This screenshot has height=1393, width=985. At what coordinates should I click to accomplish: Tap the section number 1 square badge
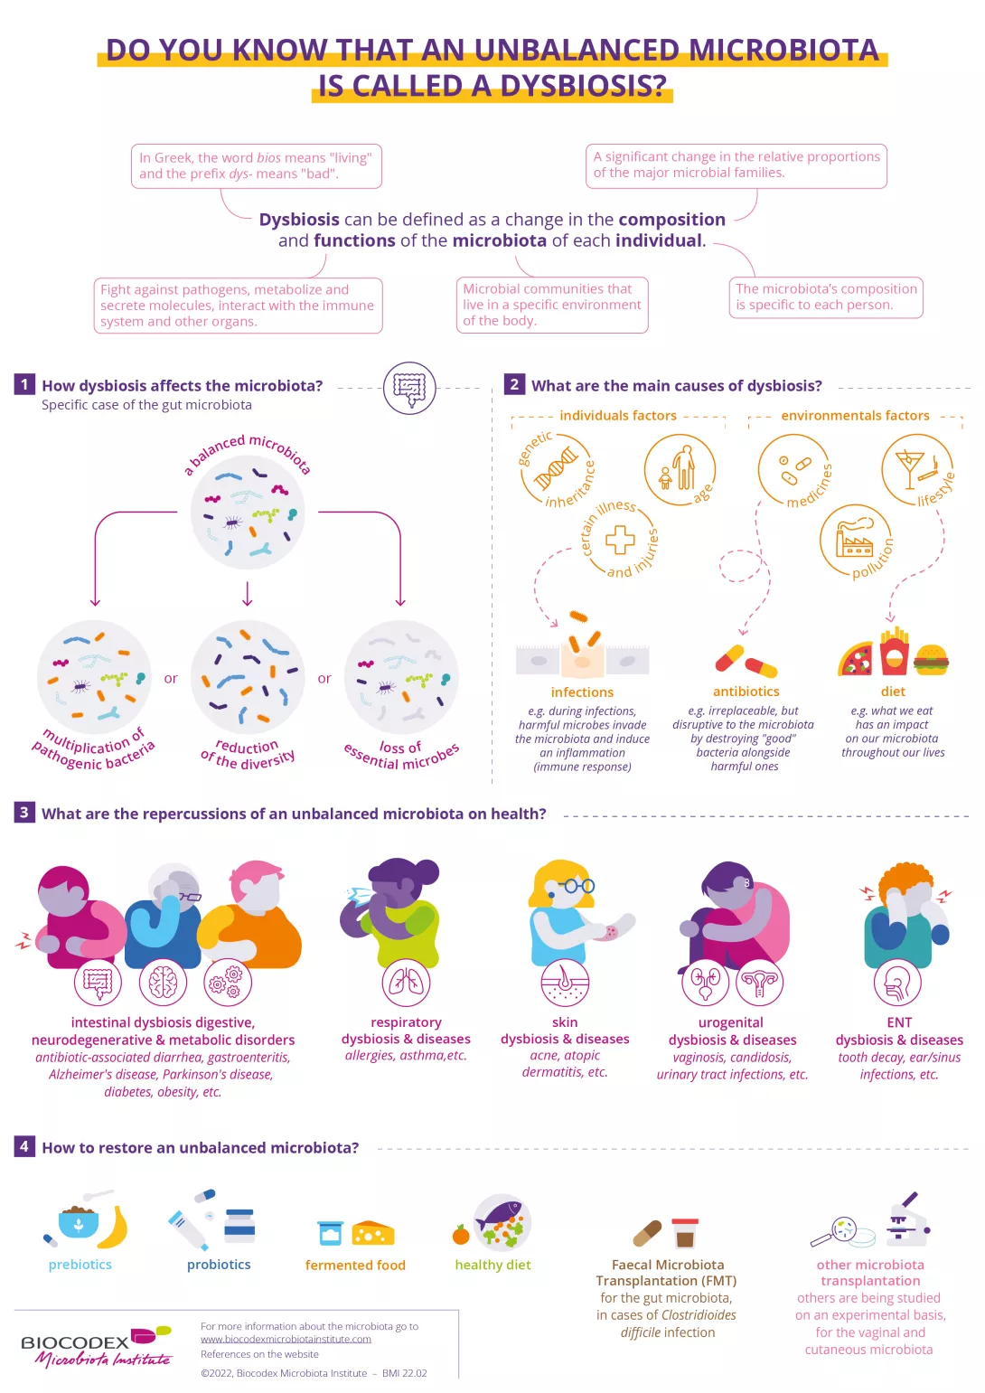pyautogui.click(x=24, y=384)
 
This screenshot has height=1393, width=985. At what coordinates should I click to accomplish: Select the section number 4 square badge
pyautogui.click(x=24, y=1146)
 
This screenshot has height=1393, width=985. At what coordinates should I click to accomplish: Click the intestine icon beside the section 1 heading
pyautogui.click(x=410, y=388)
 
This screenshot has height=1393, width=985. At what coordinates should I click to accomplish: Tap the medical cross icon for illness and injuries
pyautogui.click(x=620, y=540)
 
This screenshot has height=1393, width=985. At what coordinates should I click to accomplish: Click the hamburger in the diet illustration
pyautogui.click(x=932, y=660)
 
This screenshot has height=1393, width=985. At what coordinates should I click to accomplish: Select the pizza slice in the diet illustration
pyautogui.click(x=856, y=659)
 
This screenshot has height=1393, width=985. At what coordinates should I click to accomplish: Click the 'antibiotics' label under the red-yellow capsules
pyautogui.click(x=746, y=692)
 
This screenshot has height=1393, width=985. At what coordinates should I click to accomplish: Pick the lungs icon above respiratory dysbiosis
pyautogui.click(x=406, y=984)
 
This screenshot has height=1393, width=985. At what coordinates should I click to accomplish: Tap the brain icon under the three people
pyautogui.click(x=164, y=984)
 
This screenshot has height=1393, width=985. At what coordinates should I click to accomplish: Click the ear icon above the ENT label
pyautogui.click(x=898, y=984)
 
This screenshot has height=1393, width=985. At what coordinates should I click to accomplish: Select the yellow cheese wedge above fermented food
pyautogui.click(x=373, y=1233)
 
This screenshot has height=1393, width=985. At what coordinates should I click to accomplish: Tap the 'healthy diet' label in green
pyautogui.click(x=492, y=1265)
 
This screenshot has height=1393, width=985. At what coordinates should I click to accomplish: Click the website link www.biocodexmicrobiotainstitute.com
pyautogui.click(x=286, y=1339)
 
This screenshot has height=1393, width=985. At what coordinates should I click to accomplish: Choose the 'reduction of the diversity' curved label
pyautogui.click(x=248, y=754)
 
